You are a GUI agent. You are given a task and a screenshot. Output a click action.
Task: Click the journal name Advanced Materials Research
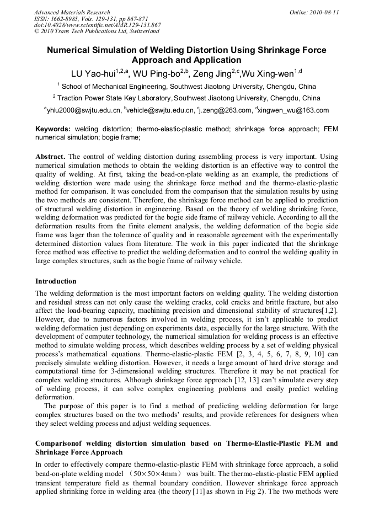[72, 12]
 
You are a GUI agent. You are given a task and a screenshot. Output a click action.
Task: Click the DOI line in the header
[97, 25]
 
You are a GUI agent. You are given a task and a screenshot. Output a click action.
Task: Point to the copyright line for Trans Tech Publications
[97, 31]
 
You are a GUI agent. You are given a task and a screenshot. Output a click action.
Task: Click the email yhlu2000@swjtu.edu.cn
[84, 110]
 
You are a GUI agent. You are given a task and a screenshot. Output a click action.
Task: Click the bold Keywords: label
[53, 129]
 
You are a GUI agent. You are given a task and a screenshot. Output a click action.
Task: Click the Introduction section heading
[56, 281]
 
